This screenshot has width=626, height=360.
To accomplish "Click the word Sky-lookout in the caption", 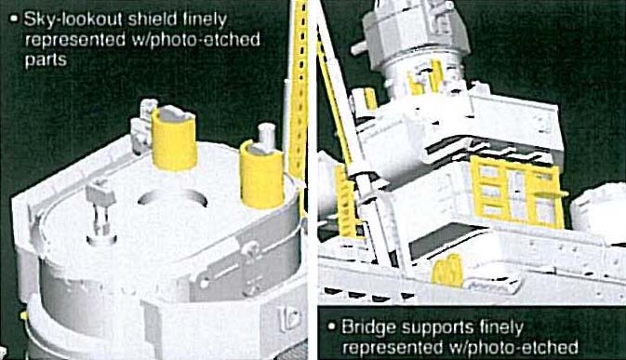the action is coord(73,20).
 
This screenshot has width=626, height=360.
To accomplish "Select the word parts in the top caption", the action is coord(46,60).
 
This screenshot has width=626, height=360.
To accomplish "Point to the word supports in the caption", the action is coord(435,328).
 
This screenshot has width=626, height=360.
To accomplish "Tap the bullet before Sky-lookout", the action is coord(15,19).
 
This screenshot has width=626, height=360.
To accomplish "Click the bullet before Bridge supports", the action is coord(331,327).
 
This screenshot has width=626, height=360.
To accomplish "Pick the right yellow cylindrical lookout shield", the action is coord(262,174).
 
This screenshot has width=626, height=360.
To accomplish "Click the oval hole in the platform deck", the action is coord(172,197).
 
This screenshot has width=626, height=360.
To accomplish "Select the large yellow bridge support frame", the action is coord(518,192).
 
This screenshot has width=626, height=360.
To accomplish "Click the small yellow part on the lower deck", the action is coord(448,271).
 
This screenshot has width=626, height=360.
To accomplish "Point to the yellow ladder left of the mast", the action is coord(346,203).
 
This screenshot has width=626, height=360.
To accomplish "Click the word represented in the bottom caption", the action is coord(392,348).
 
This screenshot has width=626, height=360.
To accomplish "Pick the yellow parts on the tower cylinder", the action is coord(426,78).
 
